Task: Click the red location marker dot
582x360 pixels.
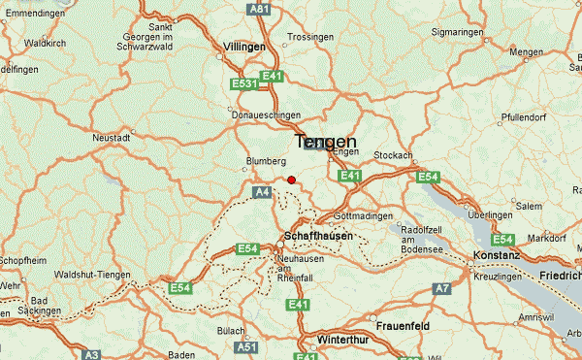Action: click(x=291, y=179)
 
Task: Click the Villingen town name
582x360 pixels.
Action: click(x=242, y=47)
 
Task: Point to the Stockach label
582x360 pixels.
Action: click(x=393, y=155)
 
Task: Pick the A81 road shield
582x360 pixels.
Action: click(x=258, y=9)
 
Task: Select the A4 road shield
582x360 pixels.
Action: click(x=262, y=193)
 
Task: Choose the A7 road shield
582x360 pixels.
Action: click(x=442, y=288)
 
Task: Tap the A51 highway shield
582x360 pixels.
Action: click(x=248, y=346)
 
